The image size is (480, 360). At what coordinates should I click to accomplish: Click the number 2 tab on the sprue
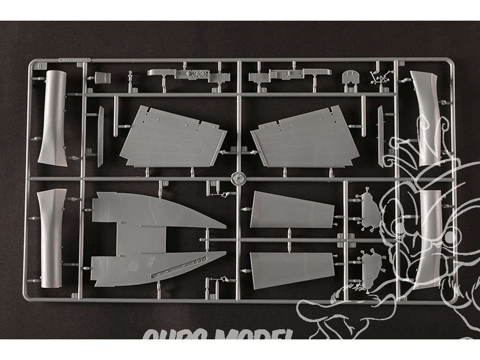(90, 90)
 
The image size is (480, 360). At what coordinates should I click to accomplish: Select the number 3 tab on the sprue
(135, 90)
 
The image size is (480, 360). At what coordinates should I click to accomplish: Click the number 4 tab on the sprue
(215, 90)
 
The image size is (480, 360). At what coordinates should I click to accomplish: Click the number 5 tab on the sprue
(264, 90)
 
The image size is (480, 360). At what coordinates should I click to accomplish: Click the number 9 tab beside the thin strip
(89, 151)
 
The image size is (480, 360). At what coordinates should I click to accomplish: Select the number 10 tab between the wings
(234, 150)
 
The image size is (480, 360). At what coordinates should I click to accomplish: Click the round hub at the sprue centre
(238, 179)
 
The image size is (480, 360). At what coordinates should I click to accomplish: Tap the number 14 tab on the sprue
(165, 184)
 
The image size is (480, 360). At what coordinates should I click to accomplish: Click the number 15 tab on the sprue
(214, 184)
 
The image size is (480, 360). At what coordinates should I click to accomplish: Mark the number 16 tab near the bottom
(213, 297)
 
